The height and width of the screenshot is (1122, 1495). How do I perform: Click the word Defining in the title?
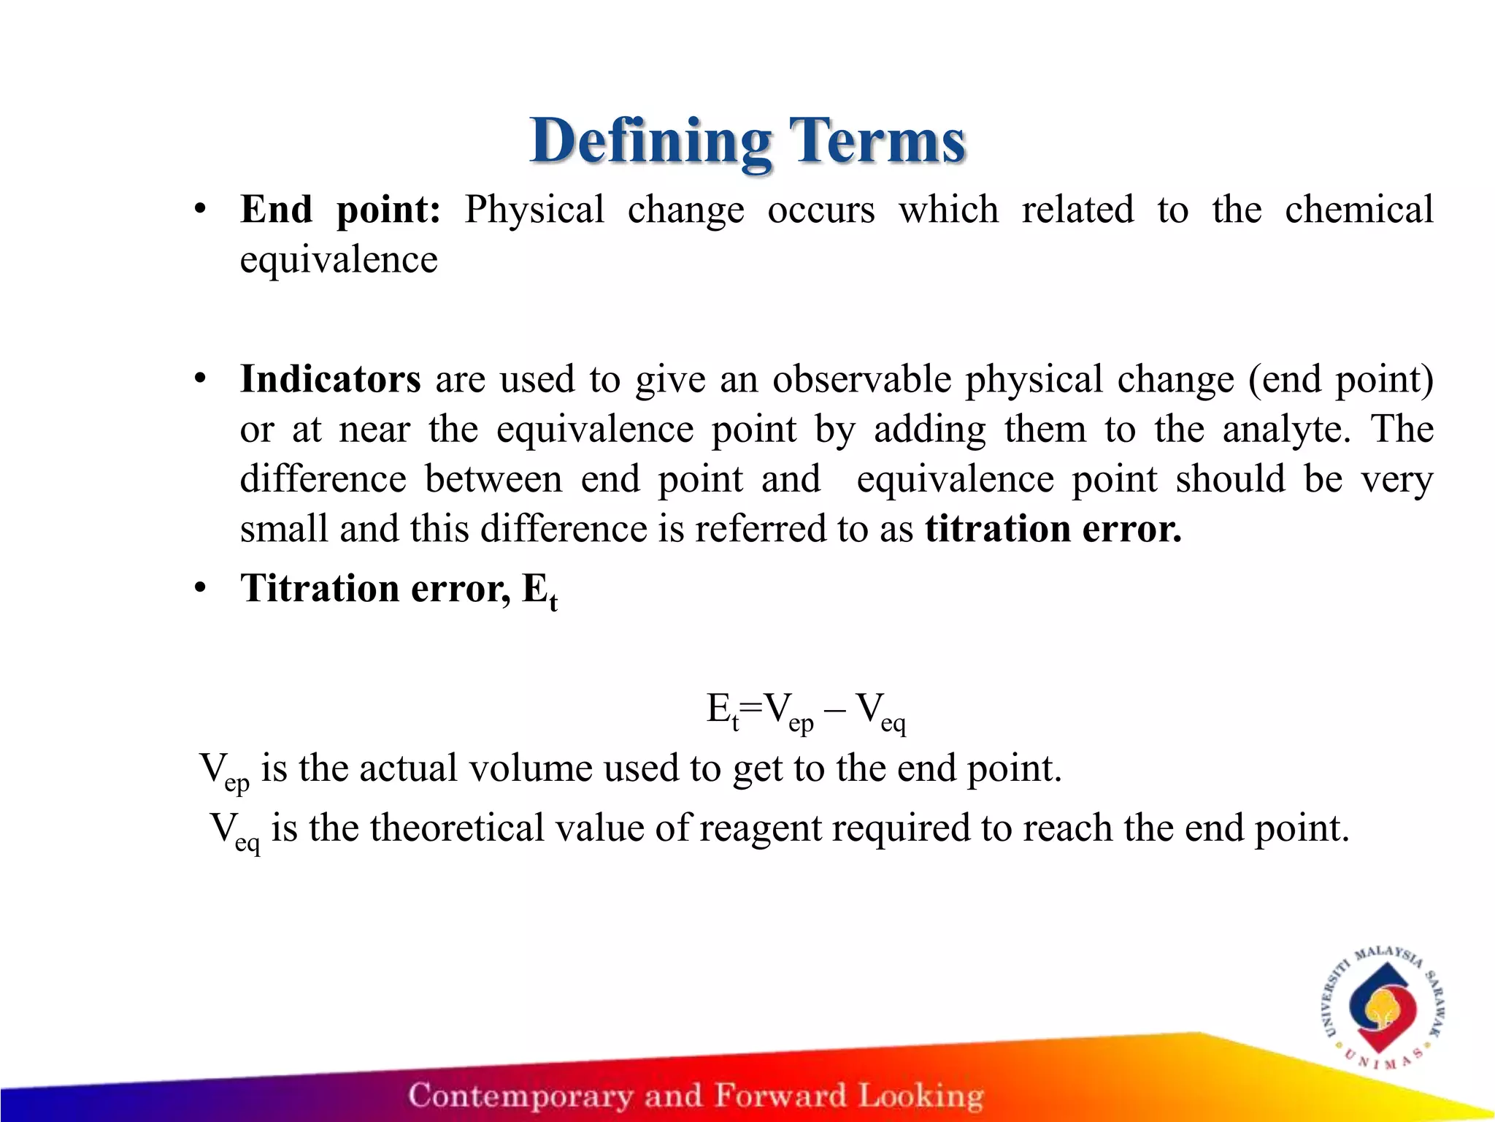650,142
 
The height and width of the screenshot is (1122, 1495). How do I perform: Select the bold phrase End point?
340,210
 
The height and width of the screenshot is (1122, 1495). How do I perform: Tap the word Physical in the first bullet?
534,210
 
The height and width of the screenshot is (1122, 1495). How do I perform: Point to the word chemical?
1358,210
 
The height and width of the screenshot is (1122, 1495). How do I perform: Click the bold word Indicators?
331,380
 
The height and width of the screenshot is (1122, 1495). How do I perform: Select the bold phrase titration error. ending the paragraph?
1053,529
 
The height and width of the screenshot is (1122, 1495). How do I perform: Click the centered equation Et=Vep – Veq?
806,711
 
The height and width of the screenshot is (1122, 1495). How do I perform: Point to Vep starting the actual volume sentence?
223,771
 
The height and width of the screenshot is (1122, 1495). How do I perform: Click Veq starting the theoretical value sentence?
234,831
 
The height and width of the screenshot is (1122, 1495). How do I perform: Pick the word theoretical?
457,828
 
